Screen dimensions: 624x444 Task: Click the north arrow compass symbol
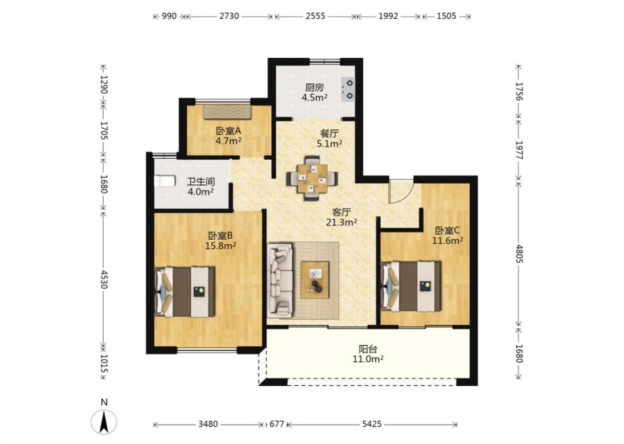pos(104,422)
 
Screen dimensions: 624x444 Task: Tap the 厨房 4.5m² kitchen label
pos(314,92)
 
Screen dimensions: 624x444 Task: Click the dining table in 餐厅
pos(312,178)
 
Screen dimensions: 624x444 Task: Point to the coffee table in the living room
pos(315,280)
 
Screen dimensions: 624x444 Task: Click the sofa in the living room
pos(280,281)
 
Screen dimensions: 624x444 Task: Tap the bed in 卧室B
pos(185,292)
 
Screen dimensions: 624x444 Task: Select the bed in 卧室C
pos(412,286)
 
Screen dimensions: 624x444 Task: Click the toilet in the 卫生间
pos(165,181)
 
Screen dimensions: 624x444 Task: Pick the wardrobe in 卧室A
pos(227,112)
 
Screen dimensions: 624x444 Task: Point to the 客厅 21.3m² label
pos(342,217)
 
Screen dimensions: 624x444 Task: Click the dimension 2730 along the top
pos(229,16)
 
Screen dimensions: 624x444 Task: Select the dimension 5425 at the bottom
pos(372,425)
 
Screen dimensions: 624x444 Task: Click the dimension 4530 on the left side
pos(104,279)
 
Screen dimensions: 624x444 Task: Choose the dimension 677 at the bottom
pos(277,425)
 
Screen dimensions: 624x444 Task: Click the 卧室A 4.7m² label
pos(229,135)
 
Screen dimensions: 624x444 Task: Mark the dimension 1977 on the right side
pos(519,150)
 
